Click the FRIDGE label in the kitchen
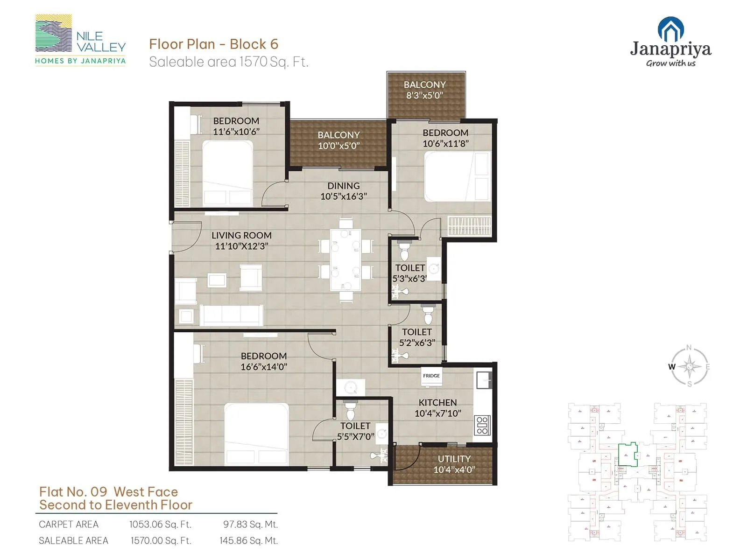point(431,376)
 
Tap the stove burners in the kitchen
point(482,425)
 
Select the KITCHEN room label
point(437,402)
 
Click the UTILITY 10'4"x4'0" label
point(454,464)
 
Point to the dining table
point(345,259)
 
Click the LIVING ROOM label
point(241,236)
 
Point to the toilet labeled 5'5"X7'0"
point(355,431)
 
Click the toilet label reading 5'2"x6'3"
point(417,337)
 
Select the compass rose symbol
point(690,367)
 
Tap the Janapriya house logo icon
point(670,29)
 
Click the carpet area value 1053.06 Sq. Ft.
point(160,525)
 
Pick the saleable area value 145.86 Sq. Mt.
point(248,541)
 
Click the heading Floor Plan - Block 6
point(213,44)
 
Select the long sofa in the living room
point(232,315)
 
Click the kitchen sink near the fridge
point(484,380)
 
